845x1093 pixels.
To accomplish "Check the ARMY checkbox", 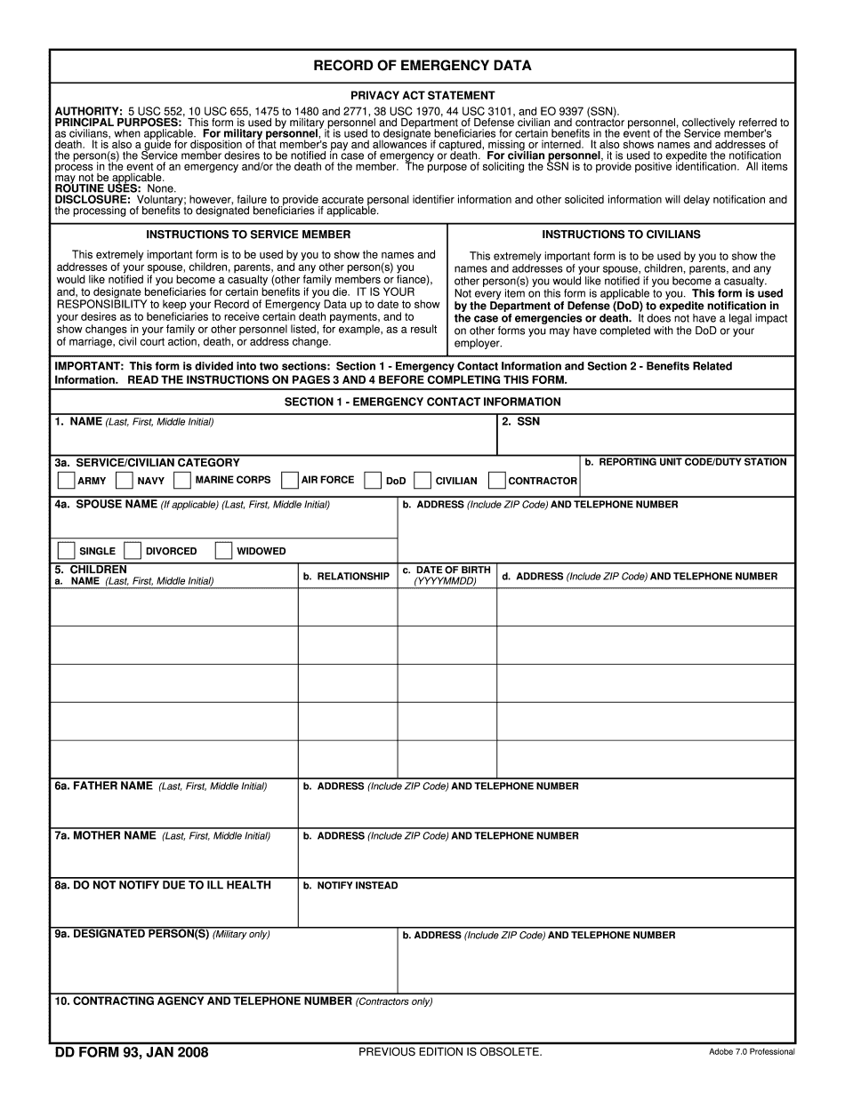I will pos(66,481).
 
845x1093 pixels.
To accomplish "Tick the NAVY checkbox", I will pos(125,481).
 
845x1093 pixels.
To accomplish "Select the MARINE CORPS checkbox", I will pos(182,481).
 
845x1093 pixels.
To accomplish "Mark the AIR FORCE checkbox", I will pos(289,481).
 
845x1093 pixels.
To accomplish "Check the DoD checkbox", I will pos(374,481).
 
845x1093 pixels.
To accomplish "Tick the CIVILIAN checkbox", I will pos(423,481).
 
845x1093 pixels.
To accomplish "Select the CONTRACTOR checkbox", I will pos(497,481).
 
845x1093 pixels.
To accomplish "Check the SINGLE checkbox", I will pos(66,551).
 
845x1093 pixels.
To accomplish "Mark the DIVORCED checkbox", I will pos(133,551).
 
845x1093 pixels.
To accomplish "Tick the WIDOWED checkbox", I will pos(223,551).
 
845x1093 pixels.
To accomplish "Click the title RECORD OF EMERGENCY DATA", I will pos(422,66).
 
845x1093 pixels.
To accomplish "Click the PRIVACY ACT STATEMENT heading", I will pos(422,95).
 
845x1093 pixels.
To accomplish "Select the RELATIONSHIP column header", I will pos(347,577).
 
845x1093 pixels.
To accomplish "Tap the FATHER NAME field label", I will pos(104,786).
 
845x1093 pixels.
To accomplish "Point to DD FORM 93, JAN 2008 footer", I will pos(132,1053).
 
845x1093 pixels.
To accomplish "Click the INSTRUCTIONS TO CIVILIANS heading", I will pos(621,235).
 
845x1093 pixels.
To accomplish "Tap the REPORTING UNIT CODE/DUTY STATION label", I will pos(686,462).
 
